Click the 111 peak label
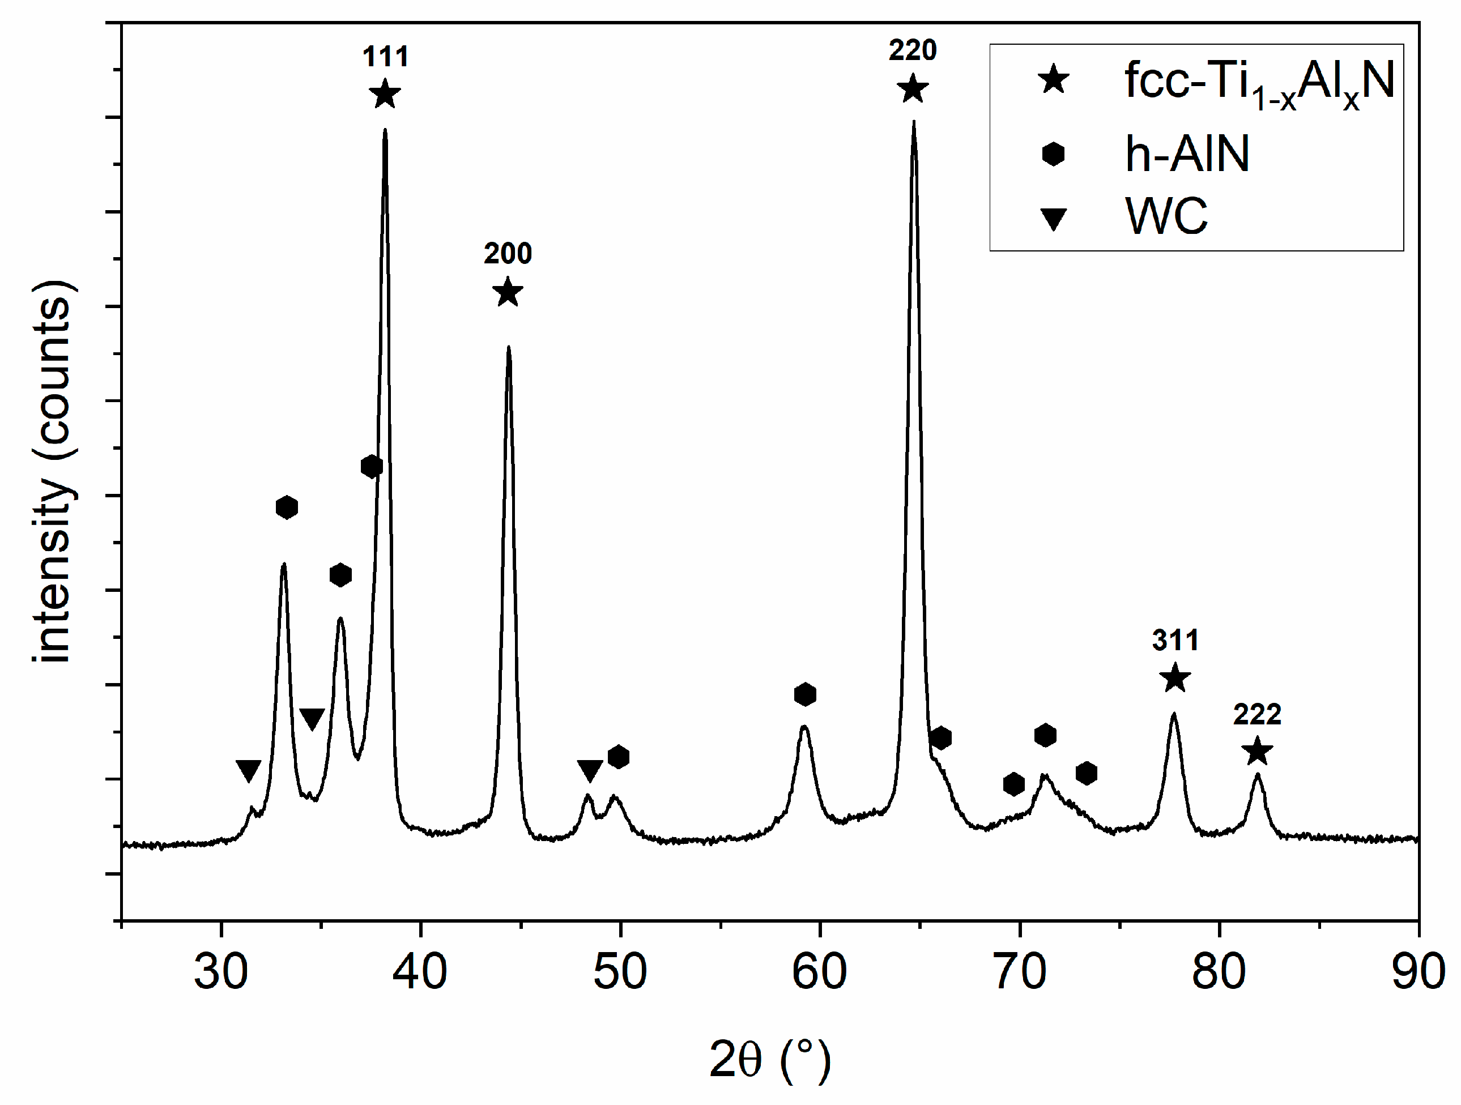[386, 57]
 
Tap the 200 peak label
[507, 254]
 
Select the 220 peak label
[913, 50]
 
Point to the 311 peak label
[1175, 640]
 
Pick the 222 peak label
[1257, 714]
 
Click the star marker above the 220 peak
[913, 89]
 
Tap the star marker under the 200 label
[507, 293]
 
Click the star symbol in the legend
[1054, 80]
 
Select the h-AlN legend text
[1187, 154]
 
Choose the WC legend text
[1166, 216]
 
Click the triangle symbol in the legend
[1054, 219]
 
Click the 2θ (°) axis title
[769, 1060]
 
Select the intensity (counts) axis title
[54, 472]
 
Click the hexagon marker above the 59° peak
[804, 694]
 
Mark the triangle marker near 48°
[590, 770]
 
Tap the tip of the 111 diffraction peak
[385, 130]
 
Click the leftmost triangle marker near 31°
[248, 770]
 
